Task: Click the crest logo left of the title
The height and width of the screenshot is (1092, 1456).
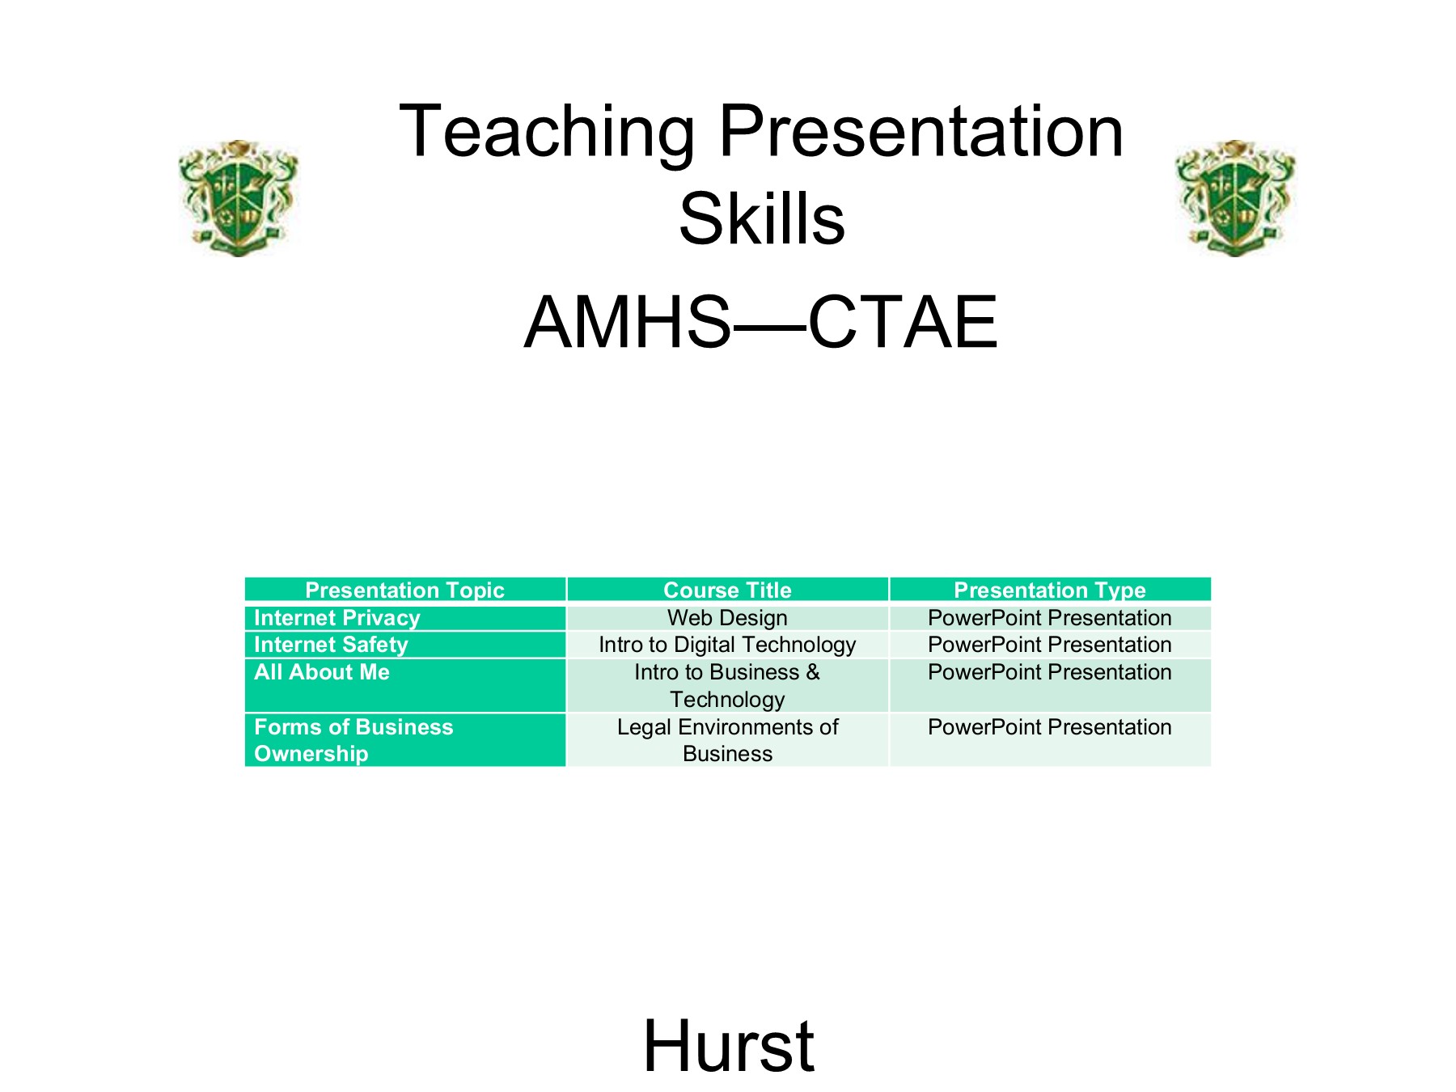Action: click(x=239, y=197)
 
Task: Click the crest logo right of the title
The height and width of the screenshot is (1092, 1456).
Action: click(x=1235, y=197)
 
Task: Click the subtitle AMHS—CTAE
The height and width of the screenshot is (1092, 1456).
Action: click(x=761, y=322)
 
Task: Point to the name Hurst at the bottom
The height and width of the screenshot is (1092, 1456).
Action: click(x=729, y=1046)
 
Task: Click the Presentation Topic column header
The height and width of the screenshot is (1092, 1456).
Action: click(x=404, y=590)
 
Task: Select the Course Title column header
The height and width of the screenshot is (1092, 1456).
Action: click(x=727, y=590)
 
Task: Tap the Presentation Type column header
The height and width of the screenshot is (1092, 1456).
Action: click(x=1050, y=590)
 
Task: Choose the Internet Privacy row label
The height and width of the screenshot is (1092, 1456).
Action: click(x=337, y=618)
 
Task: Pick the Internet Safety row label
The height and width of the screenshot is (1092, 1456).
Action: click(x=331, y=645)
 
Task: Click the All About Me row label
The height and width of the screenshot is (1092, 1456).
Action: click(x=322, y=672)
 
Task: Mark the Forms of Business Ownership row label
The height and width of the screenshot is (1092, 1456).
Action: click(x=353, y=740)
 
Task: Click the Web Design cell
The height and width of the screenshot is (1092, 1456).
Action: click(x=727, y=618)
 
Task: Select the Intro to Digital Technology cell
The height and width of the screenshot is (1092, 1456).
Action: click(x=727, y=645)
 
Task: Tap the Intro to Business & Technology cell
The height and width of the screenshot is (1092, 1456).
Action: click(x=727, y=686)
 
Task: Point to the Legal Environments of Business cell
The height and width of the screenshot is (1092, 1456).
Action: click(x=727, y=740)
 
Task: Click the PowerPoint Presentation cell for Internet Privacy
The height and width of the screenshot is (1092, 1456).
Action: click(x=1050, y=618)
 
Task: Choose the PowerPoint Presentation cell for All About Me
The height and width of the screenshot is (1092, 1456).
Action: click(x=1050, y=672)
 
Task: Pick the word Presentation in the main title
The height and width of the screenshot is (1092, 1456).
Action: click(x=921, y=132)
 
